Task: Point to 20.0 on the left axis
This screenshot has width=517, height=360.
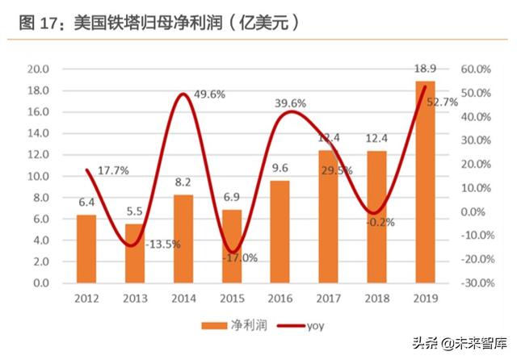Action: tap(38, 69)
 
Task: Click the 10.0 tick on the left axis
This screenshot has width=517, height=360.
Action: tap(38, 176)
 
